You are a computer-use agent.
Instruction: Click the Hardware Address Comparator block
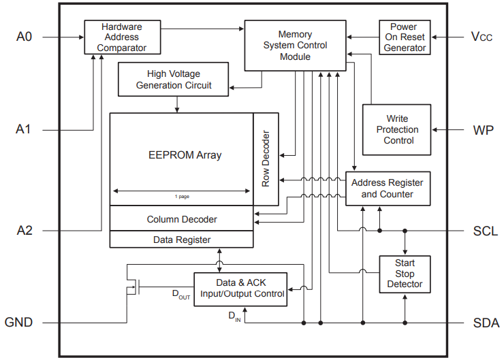(x=123, y=37)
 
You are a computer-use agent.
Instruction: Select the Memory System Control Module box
(x=295, y=45)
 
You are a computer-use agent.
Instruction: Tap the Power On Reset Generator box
(x=405, y=37)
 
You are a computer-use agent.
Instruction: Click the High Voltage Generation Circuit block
(x=174, y=80)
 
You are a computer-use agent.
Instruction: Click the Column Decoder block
(x=182, y=219)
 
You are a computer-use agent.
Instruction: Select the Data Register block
(x=182, y=240)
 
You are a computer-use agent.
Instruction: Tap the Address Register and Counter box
(x=387, y=189)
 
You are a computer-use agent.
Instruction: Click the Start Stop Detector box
(x=405, y=274)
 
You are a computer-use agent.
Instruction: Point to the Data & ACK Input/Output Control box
(x=240, y=289)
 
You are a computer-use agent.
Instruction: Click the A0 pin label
(x=24, y=37)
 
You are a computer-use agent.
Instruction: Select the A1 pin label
(x=24, y=129)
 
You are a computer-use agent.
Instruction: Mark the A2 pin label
(x=24, y=231)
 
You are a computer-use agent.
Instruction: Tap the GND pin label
(x=19, y=323)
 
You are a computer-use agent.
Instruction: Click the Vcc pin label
(x=482, y=37)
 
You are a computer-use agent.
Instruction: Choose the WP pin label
(x=484, y=129)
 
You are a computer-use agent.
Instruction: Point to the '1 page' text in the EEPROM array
(x=182, y=197)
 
